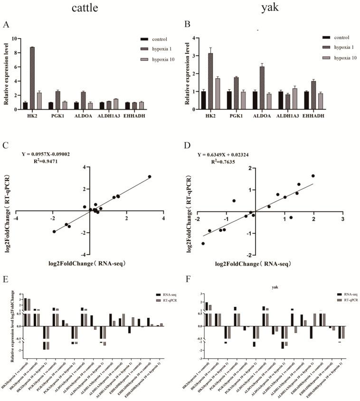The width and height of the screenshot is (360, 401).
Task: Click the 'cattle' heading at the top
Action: point(87,8)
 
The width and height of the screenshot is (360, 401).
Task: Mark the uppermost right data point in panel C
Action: point(150,177)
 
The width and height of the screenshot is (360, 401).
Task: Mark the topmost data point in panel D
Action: point(313,176)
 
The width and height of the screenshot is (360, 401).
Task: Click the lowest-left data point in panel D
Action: point(203,243)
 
